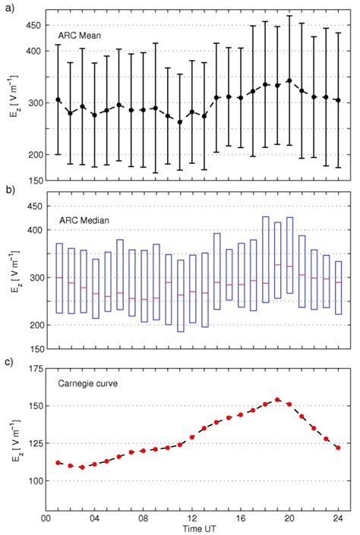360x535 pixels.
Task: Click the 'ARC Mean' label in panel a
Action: pos(79,35)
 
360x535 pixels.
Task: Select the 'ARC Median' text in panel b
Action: pos(84,220)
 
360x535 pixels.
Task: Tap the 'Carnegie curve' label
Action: pos(88,383)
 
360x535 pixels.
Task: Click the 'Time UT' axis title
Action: pos(199,529)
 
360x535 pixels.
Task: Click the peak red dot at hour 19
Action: pos(277,400)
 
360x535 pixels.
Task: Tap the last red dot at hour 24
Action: pos(338,448)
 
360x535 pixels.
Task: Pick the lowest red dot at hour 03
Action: pos(82,467)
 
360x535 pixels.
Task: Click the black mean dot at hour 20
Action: pos(289,81)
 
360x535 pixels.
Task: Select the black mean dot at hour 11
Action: pos(180,122)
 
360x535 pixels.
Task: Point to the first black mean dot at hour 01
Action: pos(58,99)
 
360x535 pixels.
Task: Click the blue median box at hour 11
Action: pos(177,295)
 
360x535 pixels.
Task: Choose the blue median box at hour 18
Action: pos(262,260)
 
